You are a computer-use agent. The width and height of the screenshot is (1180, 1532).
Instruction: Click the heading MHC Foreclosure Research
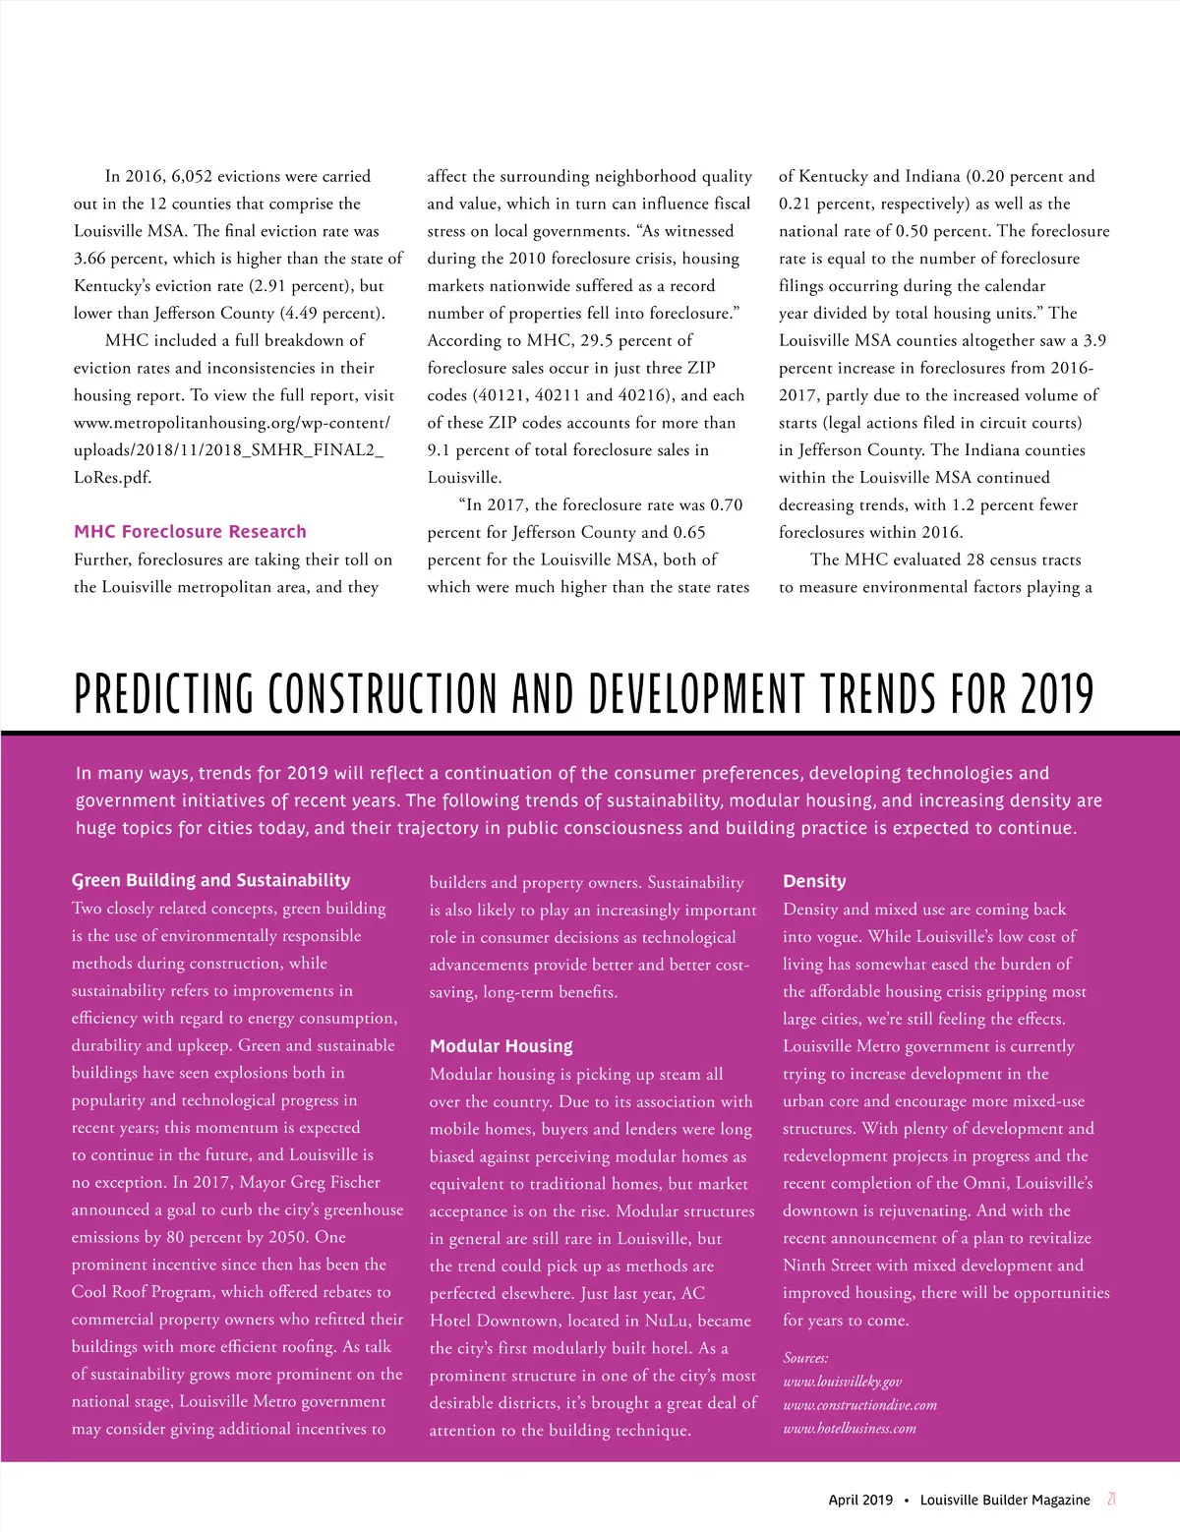click(190, 532)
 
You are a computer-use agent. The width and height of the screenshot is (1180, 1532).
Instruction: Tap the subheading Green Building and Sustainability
click(210, 880)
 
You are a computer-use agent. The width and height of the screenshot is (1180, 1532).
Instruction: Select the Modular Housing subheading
click(501, 1046)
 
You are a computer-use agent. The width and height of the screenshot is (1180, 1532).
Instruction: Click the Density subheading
click(814, 881)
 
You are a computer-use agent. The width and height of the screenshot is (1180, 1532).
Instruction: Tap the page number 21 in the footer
click(1111, 1500)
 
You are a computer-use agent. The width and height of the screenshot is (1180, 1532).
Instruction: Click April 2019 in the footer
click(860, 1500)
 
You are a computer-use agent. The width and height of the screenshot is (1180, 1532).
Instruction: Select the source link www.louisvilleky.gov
click(842, 1382)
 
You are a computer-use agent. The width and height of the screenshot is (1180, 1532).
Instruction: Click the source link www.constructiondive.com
click(859, 1405)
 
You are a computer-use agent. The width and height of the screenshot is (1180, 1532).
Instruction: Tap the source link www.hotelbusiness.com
click(849, 1429)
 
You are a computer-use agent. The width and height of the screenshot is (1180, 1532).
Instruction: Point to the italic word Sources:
click(805, 1358)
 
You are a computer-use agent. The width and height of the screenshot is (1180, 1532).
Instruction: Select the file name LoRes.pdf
click(112, 478)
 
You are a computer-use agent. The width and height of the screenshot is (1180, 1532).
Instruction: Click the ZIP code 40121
click(502, 395)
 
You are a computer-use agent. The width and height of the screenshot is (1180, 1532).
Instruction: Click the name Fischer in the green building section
click(353, 1183)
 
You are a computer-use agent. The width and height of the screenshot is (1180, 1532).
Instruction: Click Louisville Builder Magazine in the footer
click(1005, 1500)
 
